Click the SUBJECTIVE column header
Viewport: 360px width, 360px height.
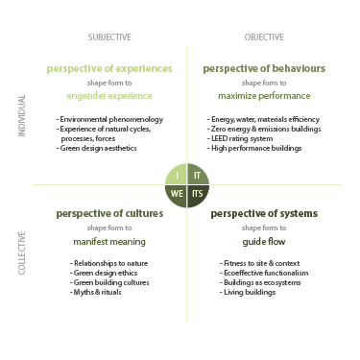[x=109, y=37]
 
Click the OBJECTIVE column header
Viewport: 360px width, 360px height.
[x=264, y=37]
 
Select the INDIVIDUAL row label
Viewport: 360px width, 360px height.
[x=21, y=114]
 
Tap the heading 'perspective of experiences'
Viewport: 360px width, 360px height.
[x=109, y=69]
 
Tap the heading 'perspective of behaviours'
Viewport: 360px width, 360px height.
[x=264, y=69]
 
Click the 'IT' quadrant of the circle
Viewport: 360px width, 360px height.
[x=197, y=175]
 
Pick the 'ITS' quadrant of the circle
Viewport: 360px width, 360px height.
[x=197, y=193]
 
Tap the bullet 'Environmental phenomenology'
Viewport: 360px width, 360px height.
[x=97, y=119]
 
